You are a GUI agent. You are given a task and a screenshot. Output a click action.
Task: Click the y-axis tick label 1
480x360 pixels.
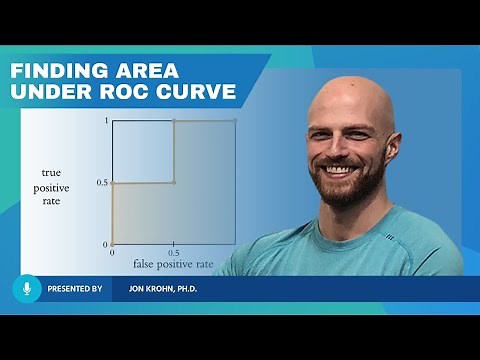point(105,120)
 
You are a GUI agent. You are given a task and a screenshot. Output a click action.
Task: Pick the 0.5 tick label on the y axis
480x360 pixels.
point(101,183)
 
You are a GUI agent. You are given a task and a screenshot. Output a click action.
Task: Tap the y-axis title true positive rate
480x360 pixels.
point(51,188)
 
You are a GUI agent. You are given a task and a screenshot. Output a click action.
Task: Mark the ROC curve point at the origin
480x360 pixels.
point(112,244)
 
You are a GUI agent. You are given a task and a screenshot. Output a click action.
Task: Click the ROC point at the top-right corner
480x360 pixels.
point(236,121)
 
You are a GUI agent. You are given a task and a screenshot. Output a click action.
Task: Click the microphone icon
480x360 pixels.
point(26,288)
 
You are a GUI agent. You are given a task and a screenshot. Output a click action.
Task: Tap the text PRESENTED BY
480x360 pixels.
point(74,288)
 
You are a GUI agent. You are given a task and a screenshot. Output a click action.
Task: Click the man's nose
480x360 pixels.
point(341,150)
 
